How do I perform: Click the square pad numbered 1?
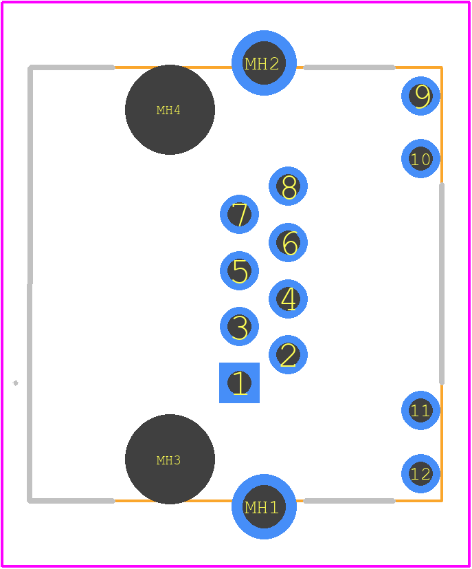[x=240, y=383]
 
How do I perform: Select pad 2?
[x=288, y=354]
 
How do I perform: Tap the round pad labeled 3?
[x=240, y=327]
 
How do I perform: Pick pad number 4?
[x=288, y=299]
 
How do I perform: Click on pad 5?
[x=240, y=270]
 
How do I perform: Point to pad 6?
[x=288, y=242]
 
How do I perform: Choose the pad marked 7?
[x=240, y=214]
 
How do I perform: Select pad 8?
[x=288, y=186]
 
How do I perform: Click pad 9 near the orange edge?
[x=421, y=96]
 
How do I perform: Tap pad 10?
[x=421, y=158]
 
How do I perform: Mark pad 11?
[x=421, y=411]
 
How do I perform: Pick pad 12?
[x=421, y=473]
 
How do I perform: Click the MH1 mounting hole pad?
[x=264, y=506]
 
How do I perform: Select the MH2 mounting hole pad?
[x=264, y=63]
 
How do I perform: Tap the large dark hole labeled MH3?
[x=170, y=459]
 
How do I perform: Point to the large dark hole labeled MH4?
[x=170, y=109]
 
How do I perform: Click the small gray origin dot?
[x=16, y=383]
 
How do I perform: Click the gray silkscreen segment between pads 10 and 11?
[x=442, y=283]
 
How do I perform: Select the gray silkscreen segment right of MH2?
[x=349, y=67]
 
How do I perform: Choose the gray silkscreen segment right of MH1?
[x=349, y=501]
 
